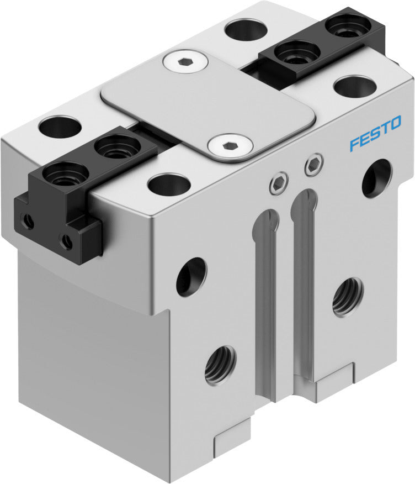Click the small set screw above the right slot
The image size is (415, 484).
coord(313,164)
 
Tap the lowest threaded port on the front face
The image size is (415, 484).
coord(220,364)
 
